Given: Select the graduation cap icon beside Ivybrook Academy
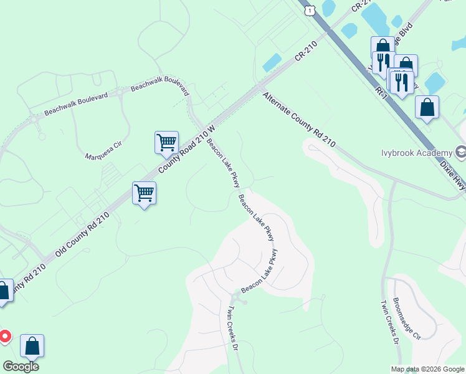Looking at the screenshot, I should (x=460, y=151).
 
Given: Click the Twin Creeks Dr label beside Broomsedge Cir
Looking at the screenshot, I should (x=389, y=322).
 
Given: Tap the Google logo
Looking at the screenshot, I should (x=21, y=366).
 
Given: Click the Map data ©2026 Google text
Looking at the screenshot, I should (x=428, y=369).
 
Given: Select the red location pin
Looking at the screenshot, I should (x=4, y=337).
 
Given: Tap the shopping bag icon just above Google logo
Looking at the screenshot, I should (x=32, y=345).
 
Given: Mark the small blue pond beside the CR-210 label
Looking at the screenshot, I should (x=272, y=62).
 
